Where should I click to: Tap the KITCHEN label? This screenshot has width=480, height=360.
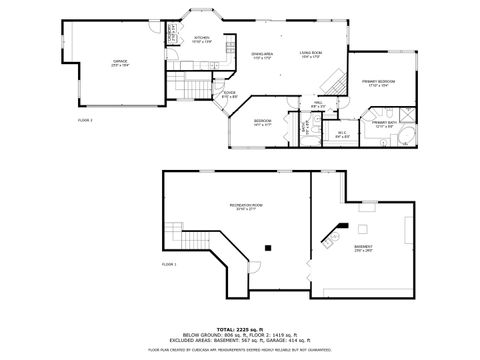click(x=201, y=40)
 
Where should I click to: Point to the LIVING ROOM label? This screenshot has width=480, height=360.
click(x=311, y=55)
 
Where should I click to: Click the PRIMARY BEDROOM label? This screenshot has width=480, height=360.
click(x=378, y=82)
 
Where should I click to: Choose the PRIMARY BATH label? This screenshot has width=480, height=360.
click(x=386, y=125)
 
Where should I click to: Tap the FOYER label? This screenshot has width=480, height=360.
click(x=229, y=95)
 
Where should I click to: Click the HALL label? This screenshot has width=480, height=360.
click(x=317, y=106)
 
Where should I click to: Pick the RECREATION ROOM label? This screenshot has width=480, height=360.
click(x=245, y=207)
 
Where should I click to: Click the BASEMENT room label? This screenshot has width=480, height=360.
click(x=363, y=248)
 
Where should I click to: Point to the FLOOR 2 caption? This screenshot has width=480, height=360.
click(x=85, y=120)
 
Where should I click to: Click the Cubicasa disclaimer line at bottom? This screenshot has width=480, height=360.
click(x=240, y=350)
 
